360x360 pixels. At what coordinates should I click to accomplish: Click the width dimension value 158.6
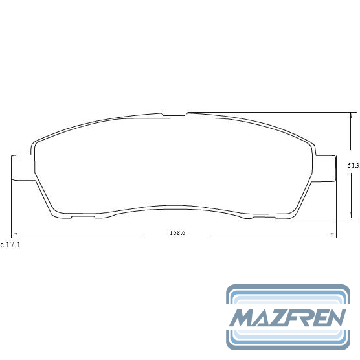tap(177, 233)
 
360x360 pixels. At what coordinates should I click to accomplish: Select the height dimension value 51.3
tap(353, 165)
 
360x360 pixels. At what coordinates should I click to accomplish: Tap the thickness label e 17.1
tap(10, 245)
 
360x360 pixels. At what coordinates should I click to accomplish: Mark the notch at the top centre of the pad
tap(174, 114)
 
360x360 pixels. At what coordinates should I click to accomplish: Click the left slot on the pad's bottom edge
tap(83, 217)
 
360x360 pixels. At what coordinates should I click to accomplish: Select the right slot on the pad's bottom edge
tap(264, 217)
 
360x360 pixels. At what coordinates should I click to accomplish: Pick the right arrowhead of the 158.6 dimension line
tap(333, 234)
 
